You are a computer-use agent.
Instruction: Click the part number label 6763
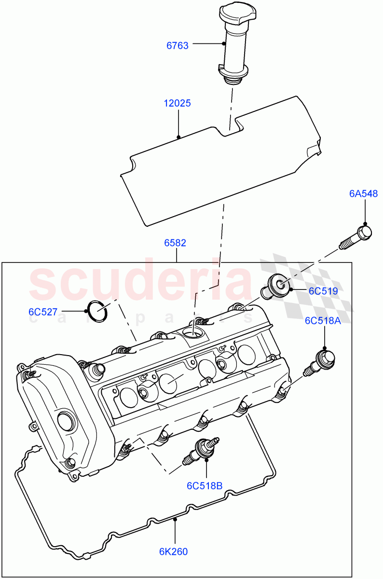coord(177,45)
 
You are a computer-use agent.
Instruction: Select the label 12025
coord(178,103)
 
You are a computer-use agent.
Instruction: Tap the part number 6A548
coord(363,193)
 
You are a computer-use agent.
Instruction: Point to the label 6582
coord(175,243)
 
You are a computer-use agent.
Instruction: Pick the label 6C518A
coord(322,321)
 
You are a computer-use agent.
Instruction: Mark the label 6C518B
coord(205,485)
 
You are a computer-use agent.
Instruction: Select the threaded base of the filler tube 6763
coord(233,77)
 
